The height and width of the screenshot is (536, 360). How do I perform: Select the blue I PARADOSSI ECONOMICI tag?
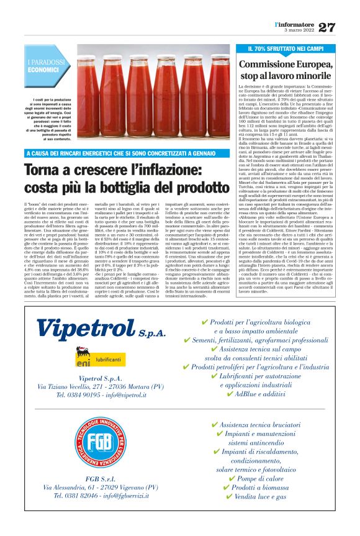[x=46, y=66]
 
